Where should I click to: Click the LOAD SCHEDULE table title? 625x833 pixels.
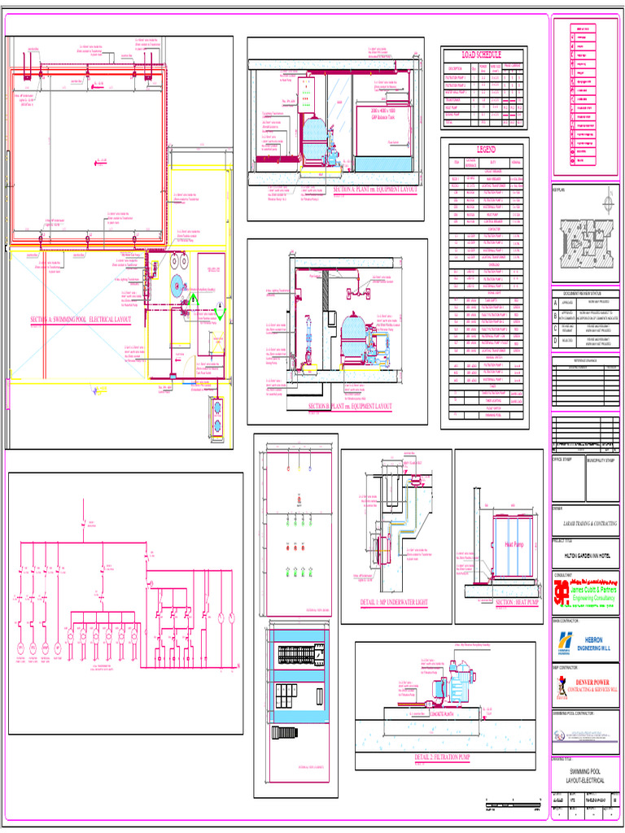coord(483,54)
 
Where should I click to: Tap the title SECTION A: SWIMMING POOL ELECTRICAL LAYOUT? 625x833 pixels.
coord(81,320)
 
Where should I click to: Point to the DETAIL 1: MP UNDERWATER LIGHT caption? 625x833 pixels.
coord(394,603)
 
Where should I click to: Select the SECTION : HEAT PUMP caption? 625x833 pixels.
coord(517,603)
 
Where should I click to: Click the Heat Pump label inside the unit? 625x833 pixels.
coord(514,544)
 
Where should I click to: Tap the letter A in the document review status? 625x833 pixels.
coord(557,302)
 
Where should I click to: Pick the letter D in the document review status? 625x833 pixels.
coord(557,341)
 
